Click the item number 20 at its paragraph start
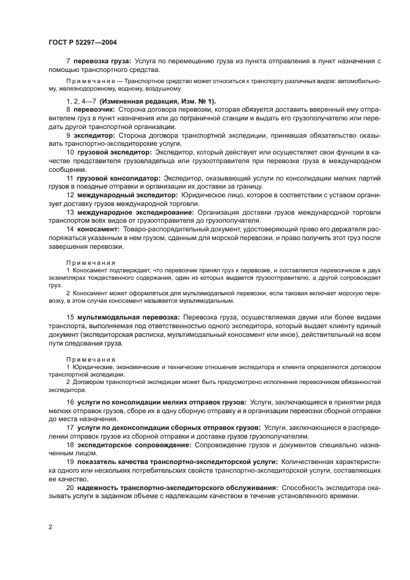(69, 488)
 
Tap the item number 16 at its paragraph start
(69, 402)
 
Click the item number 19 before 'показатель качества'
(69, 462)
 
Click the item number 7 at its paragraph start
(68, 61)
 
